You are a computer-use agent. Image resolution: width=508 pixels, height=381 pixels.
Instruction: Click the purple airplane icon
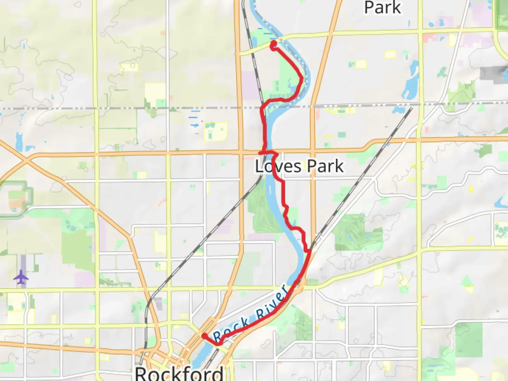tap(21, 277)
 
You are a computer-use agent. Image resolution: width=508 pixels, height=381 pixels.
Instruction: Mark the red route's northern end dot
tap(273, 44)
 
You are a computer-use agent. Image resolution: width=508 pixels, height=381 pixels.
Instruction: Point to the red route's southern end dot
tap(204, 336)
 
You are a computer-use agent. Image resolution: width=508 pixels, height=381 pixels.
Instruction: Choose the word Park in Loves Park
tap(325, 166)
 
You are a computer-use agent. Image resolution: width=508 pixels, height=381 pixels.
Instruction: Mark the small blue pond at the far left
tap(19, 141)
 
